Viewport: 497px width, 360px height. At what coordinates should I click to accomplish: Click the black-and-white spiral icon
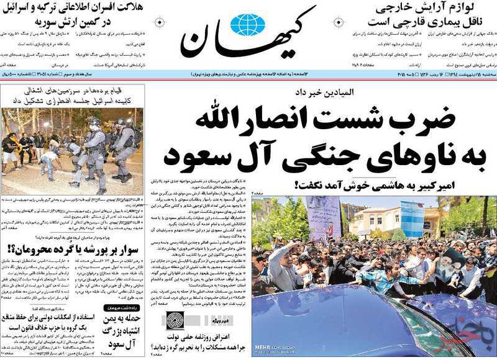pos(175,321)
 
